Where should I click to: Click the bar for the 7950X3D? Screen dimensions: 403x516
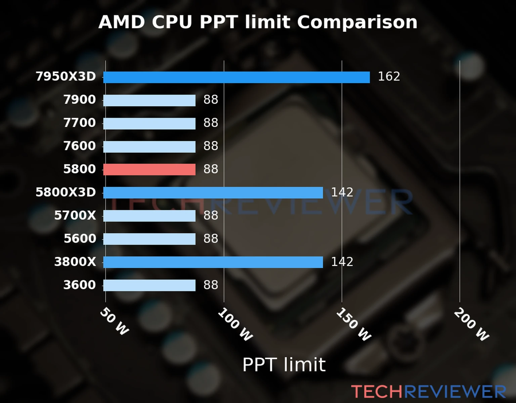236,77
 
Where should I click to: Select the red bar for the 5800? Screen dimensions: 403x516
149,170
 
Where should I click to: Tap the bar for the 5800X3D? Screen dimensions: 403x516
213,193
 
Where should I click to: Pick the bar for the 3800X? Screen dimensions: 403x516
213,262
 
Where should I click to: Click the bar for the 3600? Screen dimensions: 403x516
149,285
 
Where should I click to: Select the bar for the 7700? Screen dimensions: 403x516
149,124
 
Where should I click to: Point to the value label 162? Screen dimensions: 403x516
389,77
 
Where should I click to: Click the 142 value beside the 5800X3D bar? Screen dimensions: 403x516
342,192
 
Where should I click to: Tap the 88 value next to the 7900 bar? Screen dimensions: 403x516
211,100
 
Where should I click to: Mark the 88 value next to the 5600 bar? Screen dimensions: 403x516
211,239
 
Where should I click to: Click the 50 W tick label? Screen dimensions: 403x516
114,321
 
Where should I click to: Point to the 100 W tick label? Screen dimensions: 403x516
235,324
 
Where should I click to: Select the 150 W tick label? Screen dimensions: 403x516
353,324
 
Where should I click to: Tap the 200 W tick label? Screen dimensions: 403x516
471,324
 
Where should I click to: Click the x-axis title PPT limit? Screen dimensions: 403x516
284,365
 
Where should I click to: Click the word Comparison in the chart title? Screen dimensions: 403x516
357,23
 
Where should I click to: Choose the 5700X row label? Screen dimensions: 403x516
75,216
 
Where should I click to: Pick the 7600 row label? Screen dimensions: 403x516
80,146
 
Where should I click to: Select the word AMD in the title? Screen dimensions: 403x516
122,23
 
